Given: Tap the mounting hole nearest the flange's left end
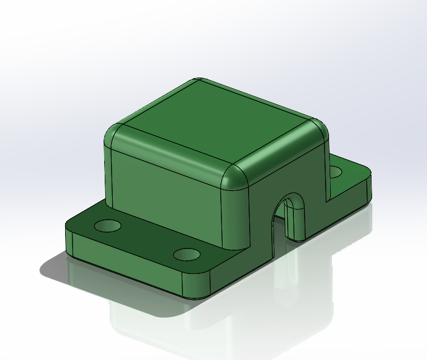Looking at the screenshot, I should (x=107, y=226).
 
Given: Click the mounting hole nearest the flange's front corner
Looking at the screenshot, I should (x=187, y=254).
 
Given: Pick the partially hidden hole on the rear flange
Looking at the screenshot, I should (x=335, y=171).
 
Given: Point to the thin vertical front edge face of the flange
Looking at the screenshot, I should (x=125, y=266).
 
